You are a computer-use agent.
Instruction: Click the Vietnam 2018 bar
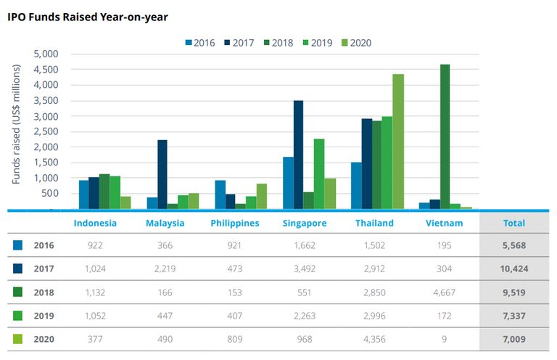tap(445, 136)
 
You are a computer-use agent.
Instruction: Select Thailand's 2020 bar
tap(398, 142)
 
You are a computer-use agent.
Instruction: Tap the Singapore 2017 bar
tap(298, 155)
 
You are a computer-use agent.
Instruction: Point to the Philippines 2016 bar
tap(220, 195)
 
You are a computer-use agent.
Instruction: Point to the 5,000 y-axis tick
tap(46, 54)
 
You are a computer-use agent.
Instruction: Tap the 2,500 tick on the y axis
tap(46, 131)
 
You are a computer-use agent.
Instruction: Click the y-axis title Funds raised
tap(16, 123)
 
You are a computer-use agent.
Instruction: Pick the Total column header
tap(514, 223)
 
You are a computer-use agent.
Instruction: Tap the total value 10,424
tap(514, 269)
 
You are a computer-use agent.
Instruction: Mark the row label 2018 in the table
tap(44, 292)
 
